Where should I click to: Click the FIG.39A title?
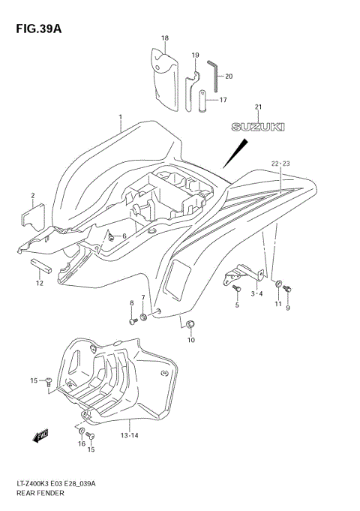point(35,28)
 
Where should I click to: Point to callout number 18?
point(164,38)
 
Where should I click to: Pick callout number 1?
point(119,117)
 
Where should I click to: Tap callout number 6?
point(124,236)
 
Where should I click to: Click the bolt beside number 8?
point(133,320)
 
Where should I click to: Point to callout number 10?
point(190,340)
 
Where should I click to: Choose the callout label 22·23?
point(280,163)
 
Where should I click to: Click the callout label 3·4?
point(256,293)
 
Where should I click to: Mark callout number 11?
point(278,305)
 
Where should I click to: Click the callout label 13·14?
point(128,435)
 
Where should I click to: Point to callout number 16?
point(81,443)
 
